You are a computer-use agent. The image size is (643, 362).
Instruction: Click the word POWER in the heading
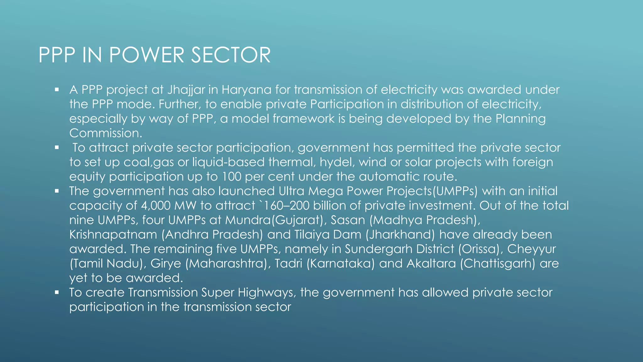tap(147, 55)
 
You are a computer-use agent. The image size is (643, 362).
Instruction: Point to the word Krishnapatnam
tap(113, 235)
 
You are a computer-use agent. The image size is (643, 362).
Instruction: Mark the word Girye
tap(166, 264)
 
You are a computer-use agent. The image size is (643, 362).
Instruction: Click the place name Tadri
tap(288, 264)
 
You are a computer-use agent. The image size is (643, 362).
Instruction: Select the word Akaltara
tap(431, 264)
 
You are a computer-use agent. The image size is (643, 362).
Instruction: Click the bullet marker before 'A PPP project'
tap(57, 90)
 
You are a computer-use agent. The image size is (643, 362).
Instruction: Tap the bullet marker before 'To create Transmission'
tap(57, 293)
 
